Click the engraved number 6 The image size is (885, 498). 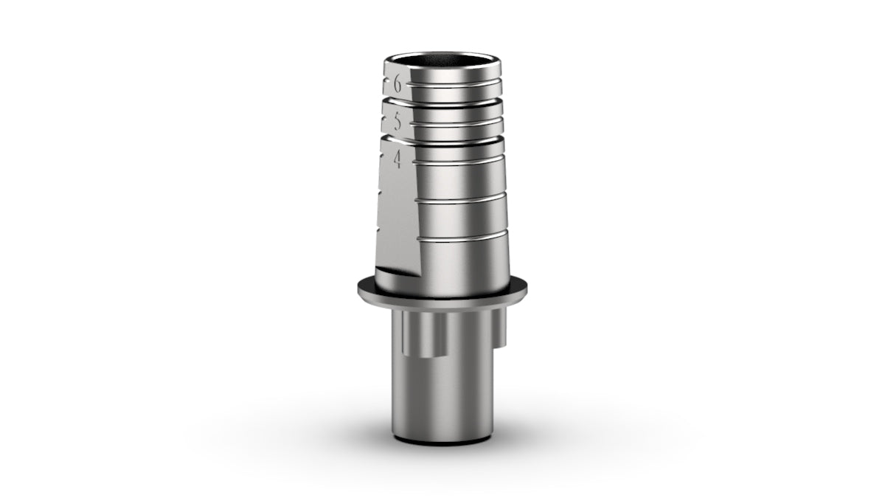398,85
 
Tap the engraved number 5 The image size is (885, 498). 398,122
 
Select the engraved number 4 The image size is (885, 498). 398,160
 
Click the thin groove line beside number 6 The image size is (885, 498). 454,83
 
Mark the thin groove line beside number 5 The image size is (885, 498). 457,121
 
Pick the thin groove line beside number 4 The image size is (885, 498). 458,159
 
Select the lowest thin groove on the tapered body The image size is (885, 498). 463,236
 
